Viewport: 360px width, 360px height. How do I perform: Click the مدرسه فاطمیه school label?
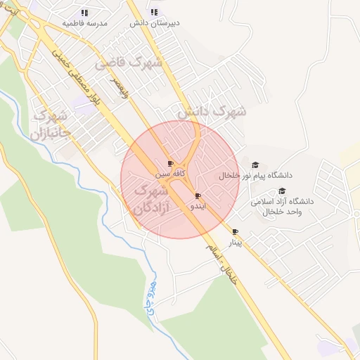[x=85, y=23]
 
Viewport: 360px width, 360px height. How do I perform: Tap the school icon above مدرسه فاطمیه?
[x=85, y=13]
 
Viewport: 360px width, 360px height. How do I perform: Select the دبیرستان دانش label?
[x=155, y=22]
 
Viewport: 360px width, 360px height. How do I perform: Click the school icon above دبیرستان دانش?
[x=155, y=12]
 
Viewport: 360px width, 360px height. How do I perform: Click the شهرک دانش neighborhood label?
[x=212, y=112]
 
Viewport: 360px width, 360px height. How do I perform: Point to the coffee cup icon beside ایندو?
[x=198, y=195]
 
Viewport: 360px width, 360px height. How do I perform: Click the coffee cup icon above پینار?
[x=235, y=232]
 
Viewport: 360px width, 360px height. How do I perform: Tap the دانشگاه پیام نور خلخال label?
[x=256, y=175]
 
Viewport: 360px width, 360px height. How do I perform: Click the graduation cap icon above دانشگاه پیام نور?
[x=255, y=165]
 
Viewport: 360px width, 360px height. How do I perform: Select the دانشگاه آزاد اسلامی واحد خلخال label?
[x=281, y=206]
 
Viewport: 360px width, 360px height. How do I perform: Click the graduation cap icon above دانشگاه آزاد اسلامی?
[x=282, y=191]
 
